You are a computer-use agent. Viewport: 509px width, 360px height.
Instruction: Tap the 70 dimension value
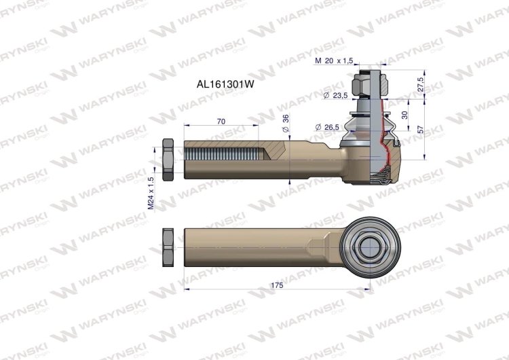coord(221,121)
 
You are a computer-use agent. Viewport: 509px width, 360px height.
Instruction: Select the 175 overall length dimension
coord(276,285)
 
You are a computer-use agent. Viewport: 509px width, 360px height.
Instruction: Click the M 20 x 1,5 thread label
coord(335,61)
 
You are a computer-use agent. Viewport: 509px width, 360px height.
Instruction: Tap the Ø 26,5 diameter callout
coord(329,126)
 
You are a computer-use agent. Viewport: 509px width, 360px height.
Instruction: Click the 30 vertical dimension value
coord(405,115)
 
